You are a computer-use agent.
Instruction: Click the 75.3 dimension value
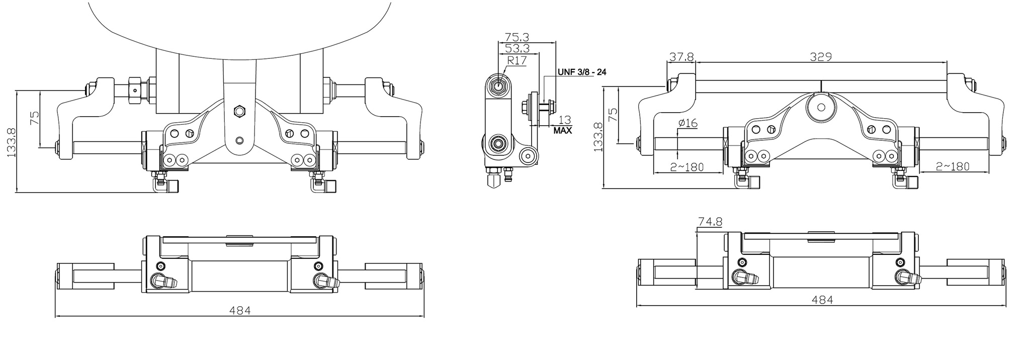click(x=517, y=37)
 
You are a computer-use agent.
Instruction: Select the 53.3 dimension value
click(x=517, y=49)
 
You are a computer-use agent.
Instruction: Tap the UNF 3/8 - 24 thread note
click(x=581, y=72)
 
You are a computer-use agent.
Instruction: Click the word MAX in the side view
click(x=562, y=131)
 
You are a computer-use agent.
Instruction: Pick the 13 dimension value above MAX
click(x=565, y=120)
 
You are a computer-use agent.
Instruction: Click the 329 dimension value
click(x=821, y=57)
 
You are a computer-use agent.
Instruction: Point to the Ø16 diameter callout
click(x=688, y=123)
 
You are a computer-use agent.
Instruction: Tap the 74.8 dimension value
click(x=710, y=221)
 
